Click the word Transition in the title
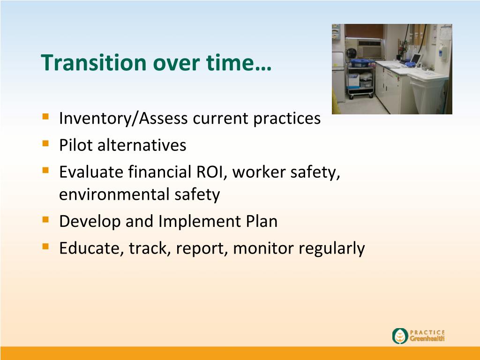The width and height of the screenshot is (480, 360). (x=94, y=62)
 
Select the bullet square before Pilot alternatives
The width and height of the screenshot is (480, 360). (x=45, y=143)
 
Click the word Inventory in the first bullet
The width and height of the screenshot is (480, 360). (x=95, y=119)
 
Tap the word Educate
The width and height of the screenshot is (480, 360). (x=91, y=248)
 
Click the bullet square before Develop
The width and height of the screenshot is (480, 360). (x=45, y=219)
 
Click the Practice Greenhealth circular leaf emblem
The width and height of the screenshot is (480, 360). (x=400, y=336)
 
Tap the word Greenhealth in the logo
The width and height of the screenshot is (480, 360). (x=427, y=338)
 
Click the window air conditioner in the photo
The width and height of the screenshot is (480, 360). (x=370, y=48)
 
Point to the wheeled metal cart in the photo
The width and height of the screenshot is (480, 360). (x=360, y=79)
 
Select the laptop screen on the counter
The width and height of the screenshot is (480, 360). (x=416, y=58)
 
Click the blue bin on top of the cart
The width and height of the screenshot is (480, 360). (x=361, y=63)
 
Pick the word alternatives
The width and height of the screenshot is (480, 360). (x=142, y=145)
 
